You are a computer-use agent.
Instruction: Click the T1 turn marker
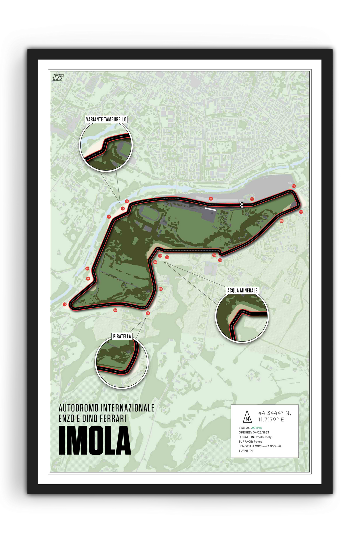(211, 199)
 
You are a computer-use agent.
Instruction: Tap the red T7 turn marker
(65, 304)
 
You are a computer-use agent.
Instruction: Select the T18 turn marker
(294, 186)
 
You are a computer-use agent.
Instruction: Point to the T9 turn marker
(148, 313)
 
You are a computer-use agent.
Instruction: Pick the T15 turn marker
(220, 260)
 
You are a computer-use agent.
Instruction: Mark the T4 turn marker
(109, 217)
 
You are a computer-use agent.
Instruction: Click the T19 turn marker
(252, 199)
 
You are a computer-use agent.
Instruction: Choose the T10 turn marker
(161, 289)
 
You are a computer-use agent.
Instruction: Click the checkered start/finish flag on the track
(242, 205)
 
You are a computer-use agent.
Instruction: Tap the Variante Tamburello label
(106, 119)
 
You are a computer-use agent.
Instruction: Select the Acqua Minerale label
(242, 290)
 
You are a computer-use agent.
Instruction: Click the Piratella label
(122, 336)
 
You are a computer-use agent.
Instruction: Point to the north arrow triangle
(247, 416)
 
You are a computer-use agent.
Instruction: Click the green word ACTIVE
(257, 428)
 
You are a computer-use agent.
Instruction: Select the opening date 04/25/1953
(261, 432)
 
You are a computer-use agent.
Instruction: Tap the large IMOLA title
(95, 441)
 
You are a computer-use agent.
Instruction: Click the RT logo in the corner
(58, 77)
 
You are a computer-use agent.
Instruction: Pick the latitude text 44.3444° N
(274, 413)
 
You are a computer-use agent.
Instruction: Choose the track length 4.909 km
(259, 446)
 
